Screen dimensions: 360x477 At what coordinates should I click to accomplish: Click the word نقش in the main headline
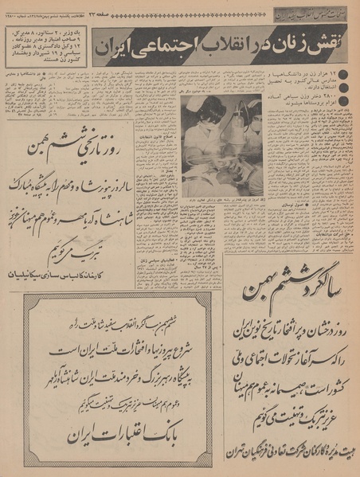point(330,48)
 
